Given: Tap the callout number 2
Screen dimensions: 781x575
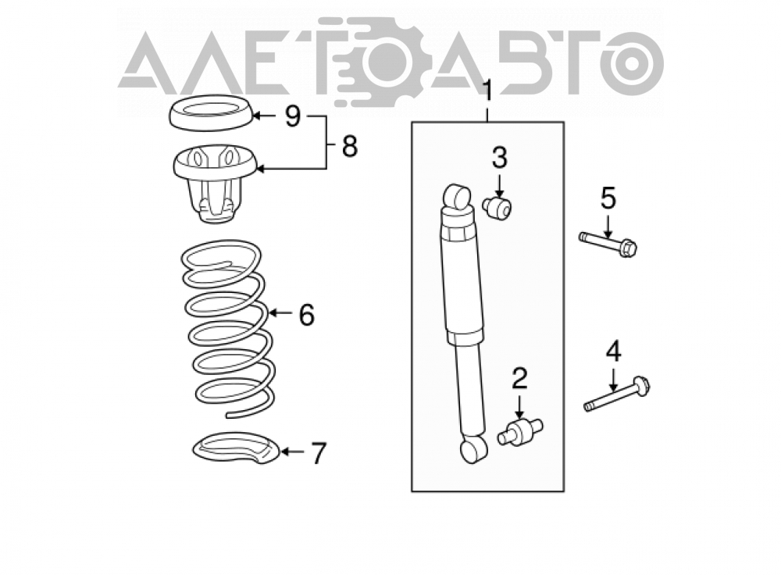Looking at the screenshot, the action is click(x=519, y=379).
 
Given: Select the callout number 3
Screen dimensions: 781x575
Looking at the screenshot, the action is click(x=499, y=158).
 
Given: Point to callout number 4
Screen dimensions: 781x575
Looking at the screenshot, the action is click(x=614, y=352).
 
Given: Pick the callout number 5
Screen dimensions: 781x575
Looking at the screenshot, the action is click(x=608, y=198).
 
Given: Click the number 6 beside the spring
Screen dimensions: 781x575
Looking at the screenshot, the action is click(x=307, y=315).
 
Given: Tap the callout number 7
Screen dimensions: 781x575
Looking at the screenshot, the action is click(x=319, y=453).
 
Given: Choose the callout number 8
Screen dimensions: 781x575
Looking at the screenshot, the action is click(x=350, y=147).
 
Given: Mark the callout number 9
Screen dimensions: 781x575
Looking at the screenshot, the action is click(x=293, y=116).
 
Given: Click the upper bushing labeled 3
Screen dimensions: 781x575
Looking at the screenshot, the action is click(x=497, y=207).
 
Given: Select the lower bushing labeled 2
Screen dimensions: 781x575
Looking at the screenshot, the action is click(x=520, y=432).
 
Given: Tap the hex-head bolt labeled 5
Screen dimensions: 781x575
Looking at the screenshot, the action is click(x=608, y=243).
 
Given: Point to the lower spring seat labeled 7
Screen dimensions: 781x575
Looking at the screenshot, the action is click(x=236, y=448).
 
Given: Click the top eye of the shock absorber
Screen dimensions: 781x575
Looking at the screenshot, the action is click(x=457, y=196).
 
